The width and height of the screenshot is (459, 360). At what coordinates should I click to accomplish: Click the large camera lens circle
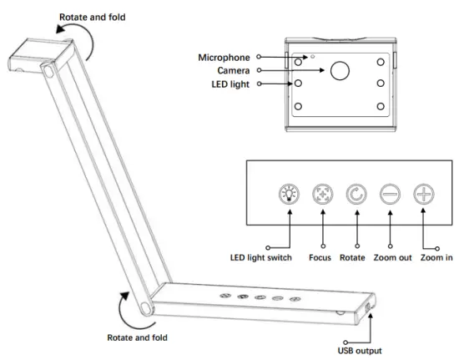tap(340, 70)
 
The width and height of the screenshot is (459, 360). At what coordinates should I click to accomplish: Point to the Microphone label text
tap(224, 57)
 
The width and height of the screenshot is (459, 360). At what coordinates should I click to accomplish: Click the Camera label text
tap(234, 70)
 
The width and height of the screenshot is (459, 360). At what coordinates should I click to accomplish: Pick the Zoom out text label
tap(390, 258)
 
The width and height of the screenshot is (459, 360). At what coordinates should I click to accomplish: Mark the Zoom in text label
tap(436, 258)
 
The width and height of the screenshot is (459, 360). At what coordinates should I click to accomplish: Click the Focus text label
tap(321, 258)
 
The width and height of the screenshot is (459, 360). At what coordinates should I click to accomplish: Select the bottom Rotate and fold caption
tap(138, 337)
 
